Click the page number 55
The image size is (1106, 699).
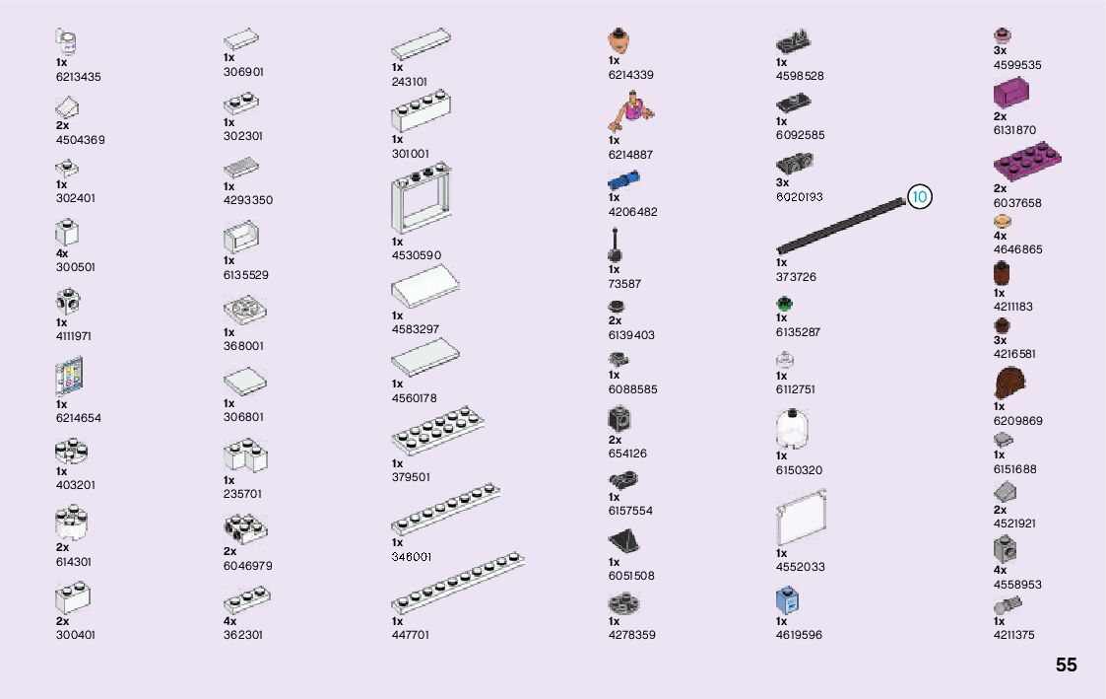pos(1066,665)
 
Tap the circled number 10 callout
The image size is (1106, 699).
pos(919,197)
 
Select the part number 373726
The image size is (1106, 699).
pos(796,277)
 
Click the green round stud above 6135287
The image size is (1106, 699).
pos(784,304)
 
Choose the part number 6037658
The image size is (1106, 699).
pos(1016,203)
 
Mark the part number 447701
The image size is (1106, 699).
pos(411,636)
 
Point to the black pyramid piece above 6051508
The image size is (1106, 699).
pos(624,541)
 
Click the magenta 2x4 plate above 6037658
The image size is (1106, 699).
pos(1028,160)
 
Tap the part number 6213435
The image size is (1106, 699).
pos(79,77)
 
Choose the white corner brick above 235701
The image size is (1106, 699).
pos(245,455)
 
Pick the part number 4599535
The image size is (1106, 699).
pos(1016,65)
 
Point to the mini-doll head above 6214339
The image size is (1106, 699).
pos(618,41)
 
